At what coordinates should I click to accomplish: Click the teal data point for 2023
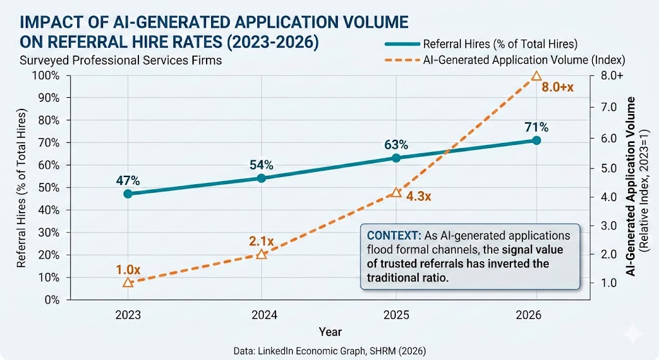tap(127, 193)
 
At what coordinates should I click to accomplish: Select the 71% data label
tap(536, 126)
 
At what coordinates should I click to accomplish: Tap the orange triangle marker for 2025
tap(397, 193)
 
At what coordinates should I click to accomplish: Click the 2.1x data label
tap(261, 241)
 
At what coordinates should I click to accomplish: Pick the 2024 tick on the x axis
tap(261, 316)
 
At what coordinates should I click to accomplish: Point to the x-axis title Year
tap(329, 332)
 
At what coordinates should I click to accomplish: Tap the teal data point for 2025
tap(396, 158)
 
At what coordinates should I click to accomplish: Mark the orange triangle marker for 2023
tap(127, 282)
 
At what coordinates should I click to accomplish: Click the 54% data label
tap(261, 163)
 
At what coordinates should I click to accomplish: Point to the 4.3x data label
tap(418, 196)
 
